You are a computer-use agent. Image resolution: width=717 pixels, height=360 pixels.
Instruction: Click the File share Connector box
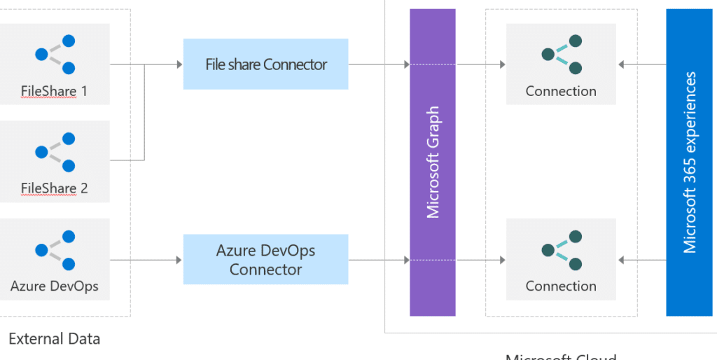coord(265,64)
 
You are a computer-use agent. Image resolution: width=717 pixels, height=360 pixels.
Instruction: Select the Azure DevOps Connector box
coord(265,260)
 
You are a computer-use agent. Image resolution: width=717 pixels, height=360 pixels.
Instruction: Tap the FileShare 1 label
coord(54,91)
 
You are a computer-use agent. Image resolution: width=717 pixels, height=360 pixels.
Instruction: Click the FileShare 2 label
coord(54,188)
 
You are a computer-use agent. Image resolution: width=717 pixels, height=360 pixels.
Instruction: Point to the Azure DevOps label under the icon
coord(54,286)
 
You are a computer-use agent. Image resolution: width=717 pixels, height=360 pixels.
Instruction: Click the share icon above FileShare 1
coord(55,54)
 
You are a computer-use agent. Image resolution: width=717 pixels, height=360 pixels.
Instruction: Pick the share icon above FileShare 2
coord(55,151)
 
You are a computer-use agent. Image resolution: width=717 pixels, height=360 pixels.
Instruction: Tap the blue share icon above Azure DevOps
coord(55,249)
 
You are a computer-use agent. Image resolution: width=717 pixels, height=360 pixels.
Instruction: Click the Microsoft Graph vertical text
coord(433,162)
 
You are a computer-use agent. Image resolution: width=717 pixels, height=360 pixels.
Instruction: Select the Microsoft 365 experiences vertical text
coord(690,162)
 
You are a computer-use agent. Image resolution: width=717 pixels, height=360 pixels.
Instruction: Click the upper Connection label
coord(561,91)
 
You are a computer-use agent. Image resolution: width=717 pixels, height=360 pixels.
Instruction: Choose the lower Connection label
coord(561,286)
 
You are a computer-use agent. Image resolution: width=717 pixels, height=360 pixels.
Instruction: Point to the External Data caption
coord(54,340)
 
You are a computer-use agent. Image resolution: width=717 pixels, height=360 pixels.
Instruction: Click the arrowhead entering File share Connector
coord(179,64)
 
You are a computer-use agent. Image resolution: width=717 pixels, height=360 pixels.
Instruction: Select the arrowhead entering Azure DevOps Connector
coord(179,260)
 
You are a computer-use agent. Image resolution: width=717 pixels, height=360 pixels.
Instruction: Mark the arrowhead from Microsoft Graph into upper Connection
coord(501,64)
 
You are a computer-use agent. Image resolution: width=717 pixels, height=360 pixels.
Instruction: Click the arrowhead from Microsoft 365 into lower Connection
coord(622,260)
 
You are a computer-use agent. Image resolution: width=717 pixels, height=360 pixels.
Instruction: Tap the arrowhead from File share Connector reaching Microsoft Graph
coord(406,64)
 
